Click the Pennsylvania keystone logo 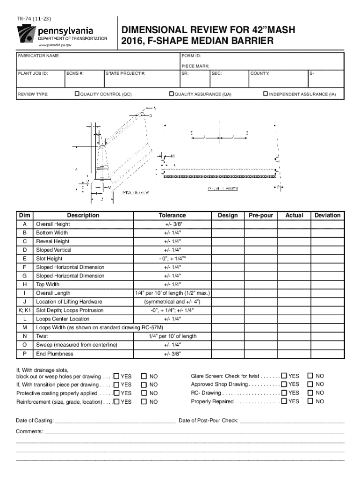coord(27,34)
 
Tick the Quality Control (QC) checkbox coord(78,94)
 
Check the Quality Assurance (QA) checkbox coord(171,94)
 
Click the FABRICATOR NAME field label coord(39,56)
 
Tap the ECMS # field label coord(75,73)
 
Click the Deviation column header coord(327,215)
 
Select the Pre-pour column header coord(261,215)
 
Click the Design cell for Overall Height coord(228,224)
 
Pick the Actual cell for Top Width coord(294,284)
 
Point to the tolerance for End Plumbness coord(172,354)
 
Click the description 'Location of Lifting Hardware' coord(69,302)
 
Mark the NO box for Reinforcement coord(144,402)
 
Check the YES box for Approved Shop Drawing coord(284,385)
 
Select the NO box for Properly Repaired coord(310,401)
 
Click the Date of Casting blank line coord(115,421)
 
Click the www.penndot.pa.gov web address coord(55,45)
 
